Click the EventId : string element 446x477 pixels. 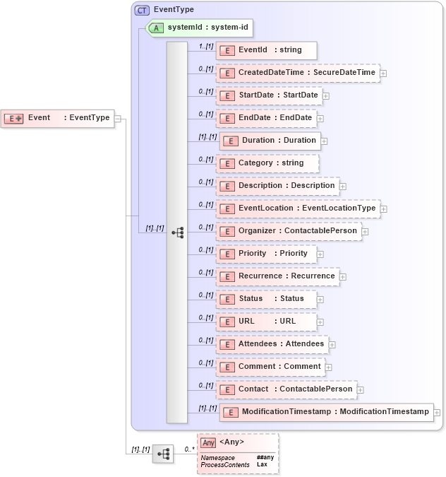click(266, 50)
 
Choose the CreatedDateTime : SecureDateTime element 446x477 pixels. click(297, 73)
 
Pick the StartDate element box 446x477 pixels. click(268, 95)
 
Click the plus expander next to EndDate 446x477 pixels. click(320, 119)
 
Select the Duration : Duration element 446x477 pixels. click(270, 141)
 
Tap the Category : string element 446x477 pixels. click(266, 163)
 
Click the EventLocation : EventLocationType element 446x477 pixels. click(297, 208)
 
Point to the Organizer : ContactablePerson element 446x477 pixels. click(288, 231)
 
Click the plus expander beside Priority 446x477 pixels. click(320, 254)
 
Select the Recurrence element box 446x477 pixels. click(277, 276)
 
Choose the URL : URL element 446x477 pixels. click(266, 322)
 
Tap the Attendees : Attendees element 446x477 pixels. click(272, 344)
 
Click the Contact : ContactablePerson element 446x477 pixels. click(286, 389)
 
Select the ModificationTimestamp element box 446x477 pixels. click(326, 412)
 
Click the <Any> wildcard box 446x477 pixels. click(238, 453)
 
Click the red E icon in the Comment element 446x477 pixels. click(227, 367)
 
